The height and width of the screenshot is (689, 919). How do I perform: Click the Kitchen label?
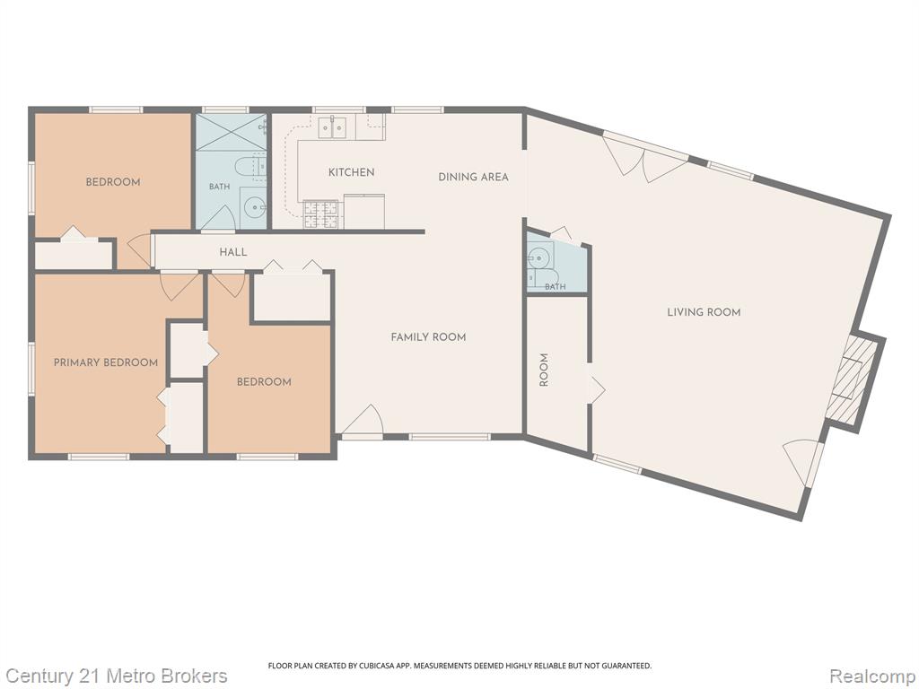pyautogui.click(x=351, y=172)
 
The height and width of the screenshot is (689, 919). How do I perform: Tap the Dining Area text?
pyautogui.click(x=474, y=177)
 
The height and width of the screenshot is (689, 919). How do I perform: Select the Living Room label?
pyautogui.click(x=704, y=312)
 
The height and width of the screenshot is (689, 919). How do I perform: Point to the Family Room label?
pyautogui.click(x=428, y=337)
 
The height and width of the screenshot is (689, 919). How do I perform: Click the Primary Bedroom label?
pyautogui.click(x=106, y=362)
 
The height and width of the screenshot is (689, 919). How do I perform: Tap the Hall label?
pyautogui.click(x=233, y=252)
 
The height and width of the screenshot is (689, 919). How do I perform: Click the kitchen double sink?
pyautogui.click(x=332, y=127)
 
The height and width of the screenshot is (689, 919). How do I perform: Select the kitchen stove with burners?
pyautogui.click(x=321, y=214)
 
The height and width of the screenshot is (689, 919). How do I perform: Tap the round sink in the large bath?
pyautogui.click(x=254, y=206)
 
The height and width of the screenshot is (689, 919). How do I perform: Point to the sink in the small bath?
pyautogui.click(x=537, y=256)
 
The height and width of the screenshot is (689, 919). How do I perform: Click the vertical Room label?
pyautogui.click(x=544, y=370)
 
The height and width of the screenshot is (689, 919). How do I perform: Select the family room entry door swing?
pyautogui.click(x=364, y=420)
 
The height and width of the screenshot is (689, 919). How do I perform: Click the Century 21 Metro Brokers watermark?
pyautogui.click(x=117, y=676)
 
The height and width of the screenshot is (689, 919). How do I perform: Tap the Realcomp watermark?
pyautogui.click(x=872, y=676)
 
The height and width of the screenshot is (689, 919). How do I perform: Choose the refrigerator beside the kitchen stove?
pyautogui.click(x=364, y=212)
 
